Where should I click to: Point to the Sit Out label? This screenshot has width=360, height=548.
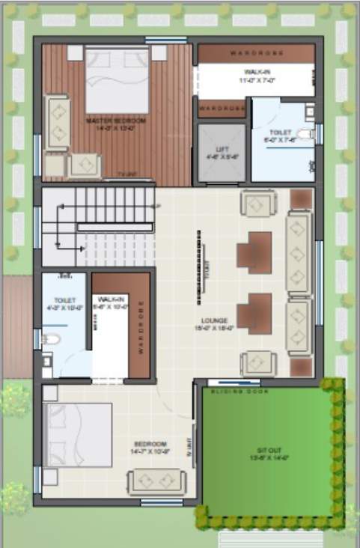pos(267,452)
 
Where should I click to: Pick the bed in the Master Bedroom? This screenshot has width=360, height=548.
pos(117,79)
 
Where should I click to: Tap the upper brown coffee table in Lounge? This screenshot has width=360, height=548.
pos(254,253)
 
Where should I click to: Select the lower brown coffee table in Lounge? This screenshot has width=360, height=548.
pos(254,313)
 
